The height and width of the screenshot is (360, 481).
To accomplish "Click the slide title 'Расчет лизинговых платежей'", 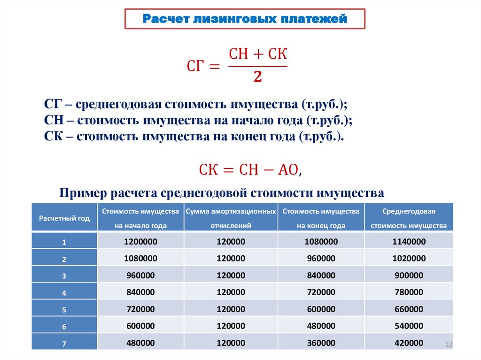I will tap(245, 20).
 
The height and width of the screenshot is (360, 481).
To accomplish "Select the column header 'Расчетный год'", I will tap(64, 218).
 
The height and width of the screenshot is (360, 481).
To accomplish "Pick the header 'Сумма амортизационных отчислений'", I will tap(231, 218).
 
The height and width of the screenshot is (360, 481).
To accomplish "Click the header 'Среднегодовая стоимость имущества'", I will tap(409, 218).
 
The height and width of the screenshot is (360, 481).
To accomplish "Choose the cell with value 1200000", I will tap(140, 242).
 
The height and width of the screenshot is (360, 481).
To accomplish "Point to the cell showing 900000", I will tap(409, 276).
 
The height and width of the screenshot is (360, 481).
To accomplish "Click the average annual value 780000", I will tap(409, 292).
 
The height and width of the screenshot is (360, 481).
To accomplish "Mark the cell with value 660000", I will tap(409, 309).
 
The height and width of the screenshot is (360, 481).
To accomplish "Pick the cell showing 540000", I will tap(409, 326).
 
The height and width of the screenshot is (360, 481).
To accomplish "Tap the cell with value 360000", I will tap(321, 343).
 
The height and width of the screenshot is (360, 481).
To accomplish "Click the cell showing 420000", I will tap(409, 343).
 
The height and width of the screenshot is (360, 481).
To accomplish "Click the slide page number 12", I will tap(448, 345).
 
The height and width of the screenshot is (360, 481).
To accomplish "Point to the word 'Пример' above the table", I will tap(83, 193).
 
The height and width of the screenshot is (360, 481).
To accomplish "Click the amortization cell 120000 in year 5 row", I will tap(231, 309).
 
